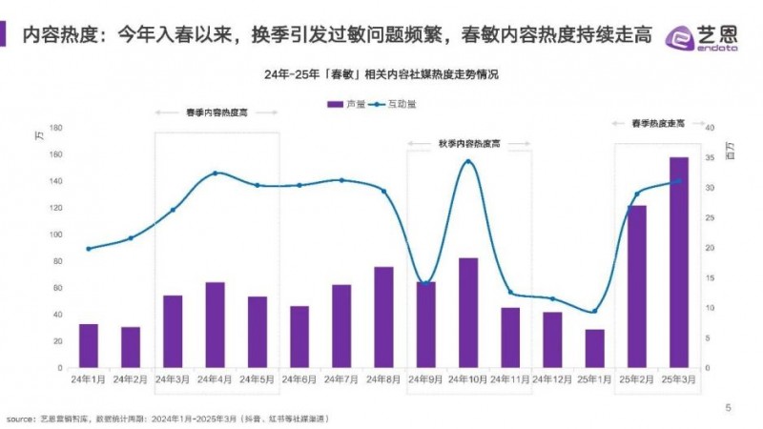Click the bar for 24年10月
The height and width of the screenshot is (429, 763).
pyautogui.click(x=467, y=313)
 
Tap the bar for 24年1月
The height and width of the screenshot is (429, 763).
pyautogui.click(x=89, y=345)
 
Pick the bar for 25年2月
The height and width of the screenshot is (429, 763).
pyautogui.click(x=637, y=286)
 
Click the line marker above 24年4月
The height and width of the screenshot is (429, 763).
pyautogui.click(x=215, y=173)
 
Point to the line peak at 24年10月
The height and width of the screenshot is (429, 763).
pyautogui.click(x=467, y=161)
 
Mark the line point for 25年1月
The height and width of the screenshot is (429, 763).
pyautogui.click(x=594, y=311)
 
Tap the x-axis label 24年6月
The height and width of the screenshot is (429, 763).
pyautogui.click(x=299, y=379)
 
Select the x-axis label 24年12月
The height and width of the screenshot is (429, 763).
pyautogui.click(x=552, y=379)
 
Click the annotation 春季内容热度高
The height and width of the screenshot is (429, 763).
pyautogui.click(x=217, y=112)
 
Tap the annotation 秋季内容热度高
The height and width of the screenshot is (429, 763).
pyautogui.click(x=467, y=143)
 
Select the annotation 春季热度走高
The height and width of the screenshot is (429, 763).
pyautogui.click(x=658, y=124)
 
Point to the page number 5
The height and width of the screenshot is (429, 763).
pyautogui.click(x=729, y=408)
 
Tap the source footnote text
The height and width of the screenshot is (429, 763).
pyautogui.click(x=181, y=418)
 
